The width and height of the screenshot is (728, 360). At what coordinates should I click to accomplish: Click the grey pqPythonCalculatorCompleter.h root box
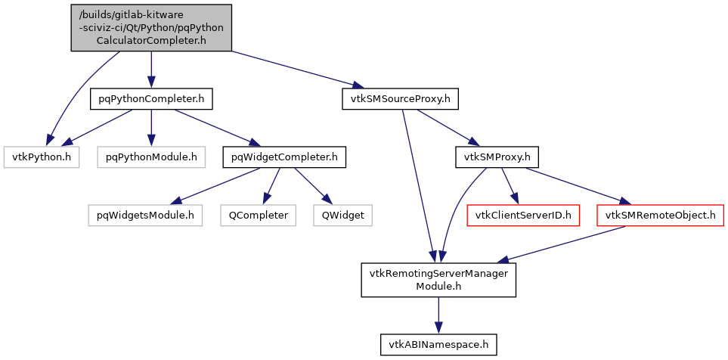tap(151, 28)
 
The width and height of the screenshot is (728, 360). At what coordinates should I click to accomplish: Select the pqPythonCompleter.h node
tap(151, 98)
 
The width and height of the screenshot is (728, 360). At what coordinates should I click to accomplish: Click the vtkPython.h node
tap(42, 157)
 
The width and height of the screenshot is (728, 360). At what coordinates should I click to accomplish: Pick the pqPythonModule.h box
tap(151, 157)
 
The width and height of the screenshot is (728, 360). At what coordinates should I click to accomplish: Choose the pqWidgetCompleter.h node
tap(284, 157)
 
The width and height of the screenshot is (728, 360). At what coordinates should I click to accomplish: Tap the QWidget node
tap(343, 215)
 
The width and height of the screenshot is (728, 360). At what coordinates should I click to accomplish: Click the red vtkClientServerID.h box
tap(523, 215)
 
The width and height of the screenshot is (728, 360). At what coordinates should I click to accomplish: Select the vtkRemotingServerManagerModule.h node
tap(439, 279)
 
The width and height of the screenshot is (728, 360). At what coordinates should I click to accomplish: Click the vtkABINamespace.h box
tap(439, 345)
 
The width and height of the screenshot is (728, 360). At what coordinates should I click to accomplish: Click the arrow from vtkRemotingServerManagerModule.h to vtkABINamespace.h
tap(439, 315)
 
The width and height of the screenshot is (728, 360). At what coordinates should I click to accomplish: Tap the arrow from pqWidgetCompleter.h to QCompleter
tap(271, 185)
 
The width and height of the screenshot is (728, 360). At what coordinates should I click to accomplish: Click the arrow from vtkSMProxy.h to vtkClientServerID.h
tap(510, 185)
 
